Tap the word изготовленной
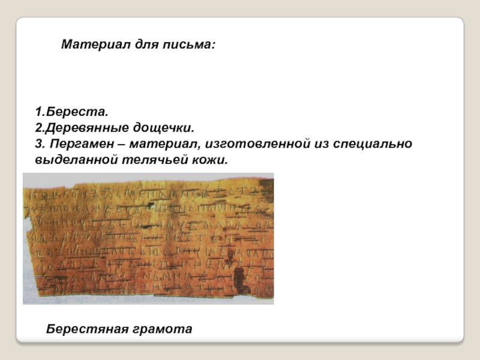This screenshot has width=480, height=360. coord(252,145)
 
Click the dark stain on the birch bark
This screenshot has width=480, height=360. coord(242,278)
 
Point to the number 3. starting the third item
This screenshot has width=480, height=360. coord(39,145)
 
